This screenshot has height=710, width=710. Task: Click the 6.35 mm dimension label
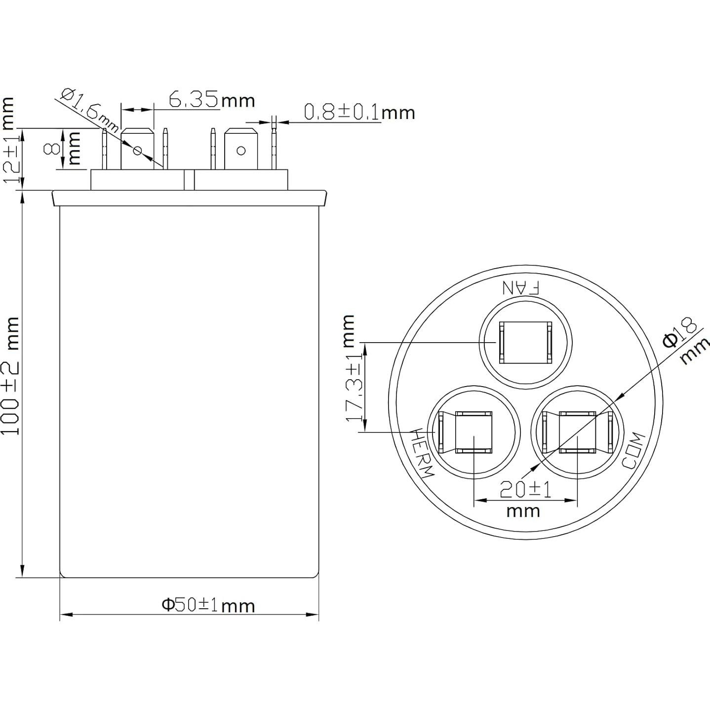pyautogui.click(x=211, y=100)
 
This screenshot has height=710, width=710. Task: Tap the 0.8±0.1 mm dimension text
pyautogui.click(x=359, y=113)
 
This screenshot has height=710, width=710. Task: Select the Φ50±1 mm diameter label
pyautogui.click(x=208, y=605)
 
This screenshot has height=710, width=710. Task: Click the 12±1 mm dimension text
pyautogui.click(x=11, y=140)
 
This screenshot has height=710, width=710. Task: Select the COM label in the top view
pyautogui.click(x=633, y=450)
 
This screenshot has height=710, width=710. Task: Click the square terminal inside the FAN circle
pyautogui.click(x=525, y=343)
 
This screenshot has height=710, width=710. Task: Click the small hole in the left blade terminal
pyautogui.click(x=138, y=150)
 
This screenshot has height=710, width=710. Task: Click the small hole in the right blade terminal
pyautogui.click(x=241, y=150)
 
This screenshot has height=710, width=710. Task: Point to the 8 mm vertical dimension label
pyautogui.click(x=61, y=148)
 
